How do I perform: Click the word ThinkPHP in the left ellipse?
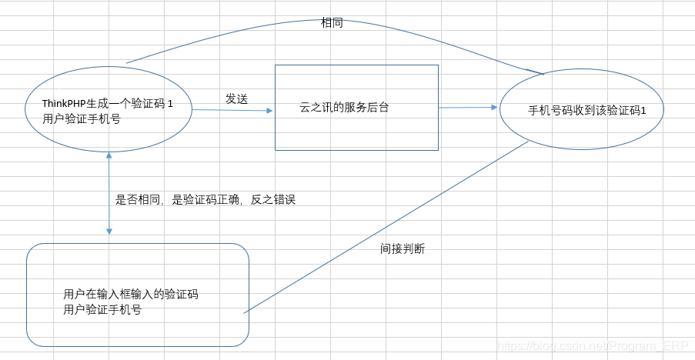(62, 104)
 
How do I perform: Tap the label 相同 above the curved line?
(332, 23)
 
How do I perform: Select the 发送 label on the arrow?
(236, 98)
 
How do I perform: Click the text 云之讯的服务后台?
(344, 108)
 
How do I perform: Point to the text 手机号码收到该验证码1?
(586, 110)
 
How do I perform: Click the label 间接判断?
(402, 248)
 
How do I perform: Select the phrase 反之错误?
(273, 199)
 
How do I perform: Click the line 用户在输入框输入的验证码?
(131, 295)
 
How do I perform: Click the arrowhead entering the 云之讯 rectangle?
(270, 110)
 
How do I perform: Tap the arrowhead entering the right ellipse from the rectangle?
(495, 108)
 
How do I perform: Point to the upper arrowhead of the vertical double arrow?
(109, 154)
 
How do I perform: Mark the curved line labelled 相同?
(231, 34)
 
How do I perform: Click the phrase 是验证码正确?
(205, 199)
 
